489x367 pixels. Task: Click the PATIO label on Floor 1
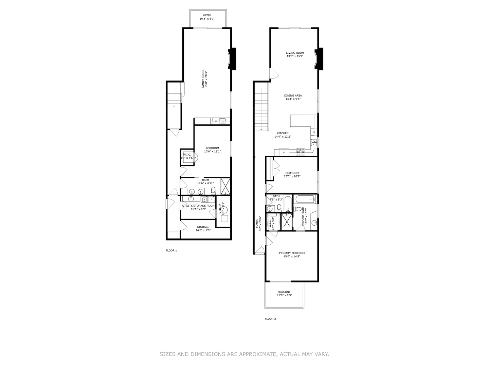(x=207, y=15)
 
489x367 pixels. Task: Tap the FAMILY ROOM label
(x=203, y=79)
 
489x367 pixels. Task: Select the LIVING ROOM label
(x=294, y=53)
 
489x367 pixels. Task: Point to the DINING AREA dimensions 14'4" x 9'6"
(x=293, y=99)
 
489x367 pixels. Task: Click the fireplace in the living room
(x=319, y=59)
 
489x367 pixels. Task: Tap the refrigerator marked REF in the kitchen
(x=284, y=152)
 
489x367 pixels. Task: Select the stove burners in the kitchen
(x=301, y=151)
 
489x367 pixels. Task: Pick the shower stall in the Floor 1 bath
(x=225, y=186)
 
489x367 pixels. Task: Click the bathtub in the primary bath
(x=305, y=199)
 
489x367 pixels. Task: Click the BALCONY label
(x=284, y=292)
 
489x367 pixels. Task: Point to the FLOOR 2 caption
(x=270, y=319)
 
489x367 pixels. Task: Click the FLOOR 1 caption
(x=171, y=250)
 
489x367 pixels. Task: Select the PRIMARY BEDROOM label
(x=291, y=253)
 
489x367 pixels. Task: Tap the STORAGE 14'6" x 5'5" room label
(x=203, y=227)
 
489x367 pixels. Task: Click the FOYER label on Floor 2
(x=257, y=224)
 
